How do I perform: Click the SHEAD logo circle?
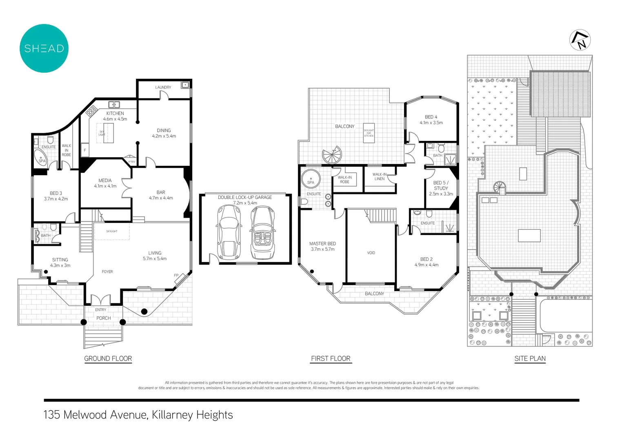pyautogui.click(x=44, y=48)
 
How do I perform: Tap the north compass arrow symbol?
pyautogui.click(x=580, y=40)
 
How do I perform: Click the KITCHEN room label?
pyautogui.click(x=115, y=114)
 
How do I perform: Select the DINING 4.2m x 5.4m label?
pyautogui.click(x=164, y=133)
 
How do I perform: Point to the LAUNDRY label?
pyautogui.click(x=163, y=87)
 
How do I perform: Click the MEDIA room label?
pyautogui.click(x=105, y=180)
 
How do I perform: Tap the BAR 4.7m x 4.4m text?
pyautogui.click(x=161, y=195)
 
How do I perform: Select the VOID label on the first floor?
pyautogui.click(x=371, y=253)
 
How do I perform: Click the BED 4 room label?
pyautogui.click(x=431, y=117)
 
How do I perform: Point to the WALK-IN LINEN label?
pyautogui.click(x=380, y=176)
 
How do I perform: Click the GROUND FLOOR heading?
pyautogui.click(x=108, y=359)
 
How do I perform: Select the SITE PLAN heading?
pyautogui.click(x=530, y=359)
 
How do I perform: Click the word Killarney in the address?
pyautogui.click(x=172, y=415)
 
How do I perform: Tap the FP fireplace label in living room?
pyautogui.click(x=176, y=275)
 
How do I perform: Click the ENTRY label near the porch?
pyautogui.click(x=101, y=310)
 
